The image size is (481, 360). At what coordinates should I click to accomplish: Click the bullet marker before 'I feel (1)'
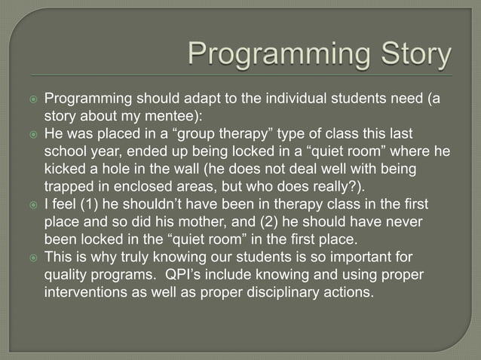[31, 203]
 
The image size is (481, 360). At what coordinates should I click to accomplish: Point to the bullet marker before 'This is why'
[31, 256]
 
